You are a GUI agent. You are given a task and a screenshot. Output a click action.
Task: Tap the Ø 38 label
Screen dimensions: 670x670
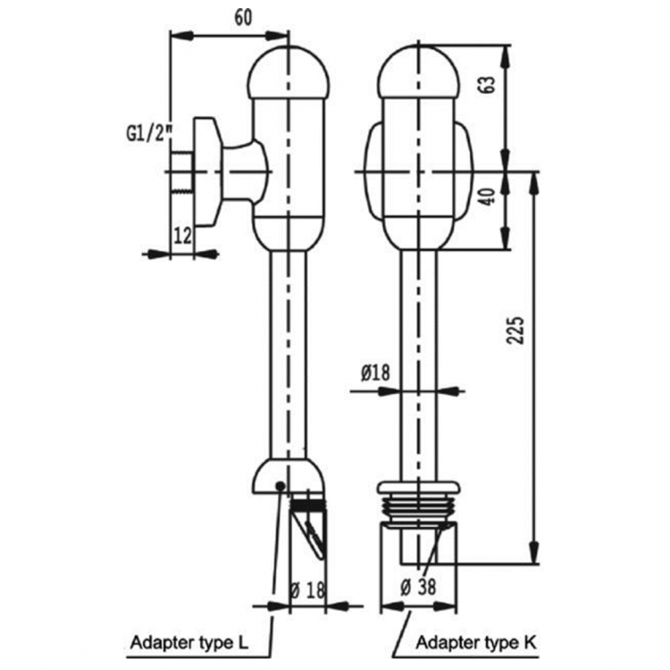click(418, 587)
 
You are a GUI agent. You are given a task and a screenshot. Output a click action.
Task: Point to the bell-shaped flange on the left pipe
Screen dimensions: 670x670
click(289, 474)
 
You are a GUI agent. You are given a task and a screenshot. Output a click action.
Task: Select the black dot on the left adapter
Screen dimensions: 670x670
click(281, 485)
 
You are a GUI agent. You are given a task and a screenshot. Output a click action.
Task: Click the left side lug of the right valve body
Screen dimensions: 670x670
click(373, 172)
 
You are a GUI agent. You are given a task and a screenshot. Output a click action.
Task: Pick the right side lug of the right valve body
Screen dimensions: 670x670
click(465, 172)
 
